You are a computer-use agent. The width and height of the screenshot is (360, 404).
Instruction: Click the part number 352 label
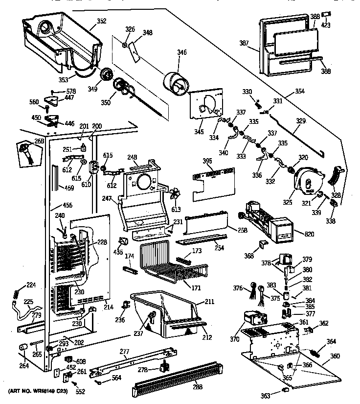coord(101,21)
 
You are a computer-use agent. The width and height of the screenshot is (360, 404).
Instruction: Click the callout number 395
coord(208,161)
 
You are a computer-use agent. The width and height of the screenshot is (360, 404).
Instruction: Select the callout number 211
coord(209,302)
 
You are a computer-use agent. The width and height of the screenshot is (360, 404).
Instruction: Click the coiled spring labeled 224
coord(16,294)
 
